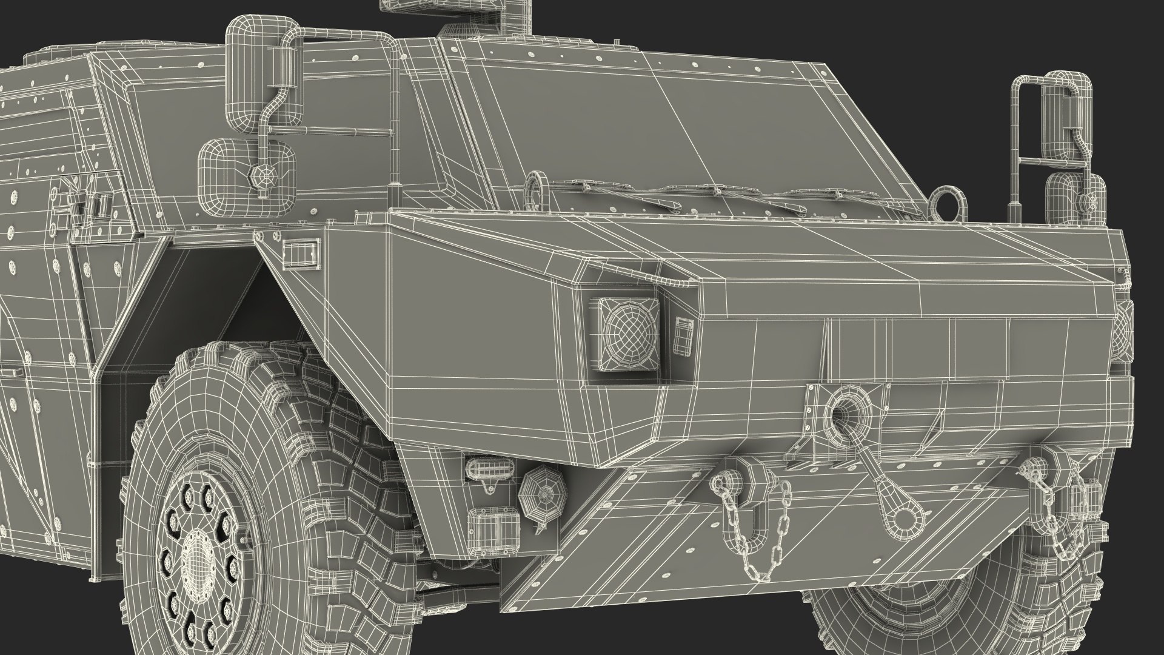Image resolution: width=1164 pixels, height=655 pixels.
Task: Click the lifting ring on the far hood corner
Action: click(x=946, y=203)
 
